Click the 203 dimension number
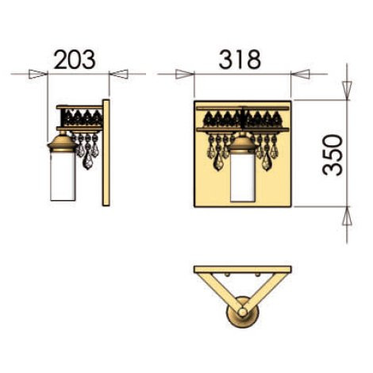coord(75,60)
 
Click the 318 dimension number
coord(240,60)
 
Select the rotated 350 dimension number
coord(333,155)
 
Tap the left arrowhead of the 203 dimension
coord(38,74)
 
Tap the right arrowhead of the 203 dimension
coord(119,74)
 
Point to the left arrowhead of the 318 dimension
coord(185,74)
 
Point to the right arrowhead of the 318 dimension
coord(300,74)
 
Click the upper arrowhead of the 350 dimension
coord(347,90)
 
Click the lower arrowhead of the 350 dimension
coord(347,216)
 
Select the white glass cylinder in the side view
coord(63,176)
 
